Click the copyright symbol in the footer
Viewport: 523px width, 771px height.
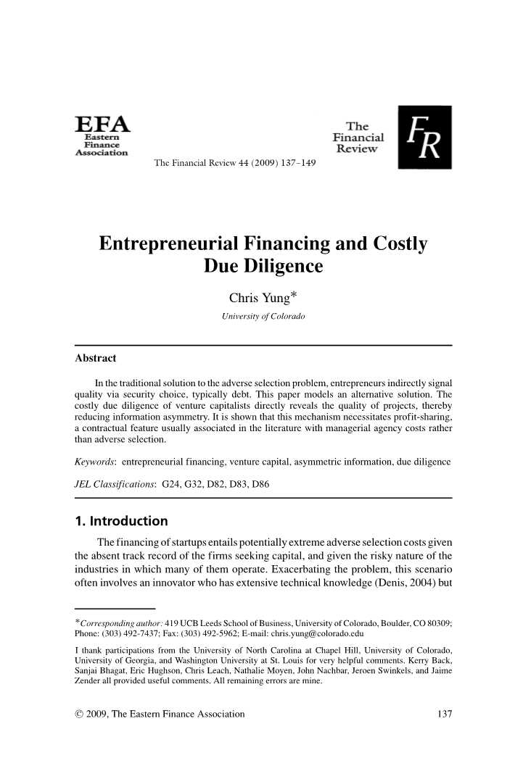point(79,715)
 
